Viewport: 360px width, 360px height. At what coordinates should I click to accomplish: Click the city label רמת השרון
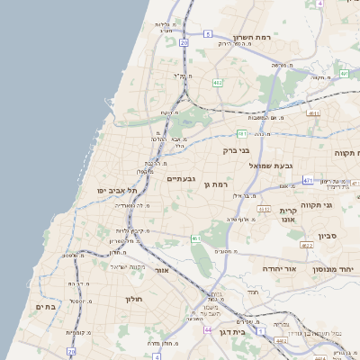point(253,38)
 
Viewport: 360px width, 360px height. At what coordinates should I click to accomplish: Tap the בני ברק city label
point(234,150)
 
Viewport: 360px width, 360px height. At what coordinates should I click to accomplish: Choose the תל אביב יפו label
point(119,190)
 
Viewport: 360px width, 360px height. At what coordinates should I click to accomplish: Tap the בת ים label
point(45,307)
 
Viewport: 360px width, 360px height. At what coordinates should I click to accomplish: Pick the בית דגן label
point(230,332)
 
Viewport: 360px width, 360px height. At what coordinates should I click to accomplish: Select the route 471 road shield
point(308,180)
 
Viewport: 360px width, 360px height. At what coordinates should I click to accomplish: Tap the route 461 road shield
point(196,238)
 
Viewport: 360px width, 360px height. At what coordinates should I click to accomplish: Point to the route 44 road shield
point(208,330)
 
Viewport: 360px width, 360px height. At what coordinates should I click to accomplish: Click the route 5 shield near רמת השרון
point(207,33)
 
